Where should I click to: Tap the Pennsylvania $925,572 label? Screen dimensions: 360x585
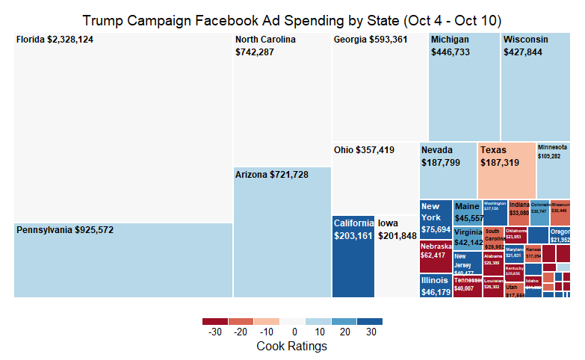point(65,230)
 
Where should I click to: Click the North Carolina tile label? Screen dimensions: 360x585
point(265,46)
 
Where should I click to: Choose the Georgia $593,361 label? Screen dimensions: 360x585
point(371,40)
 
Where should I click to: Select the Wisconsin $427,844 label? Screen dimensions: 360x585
point(525,46)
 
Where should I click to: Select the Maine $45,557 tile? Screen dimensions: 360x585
point(468,212)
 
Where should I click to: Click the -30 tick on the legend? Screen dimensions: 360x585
point(215,332)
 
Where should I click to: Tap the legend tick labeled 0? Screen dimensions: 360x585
point(294,332)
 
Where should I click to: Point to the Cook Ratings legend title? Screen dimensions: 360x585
point(291,347)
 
